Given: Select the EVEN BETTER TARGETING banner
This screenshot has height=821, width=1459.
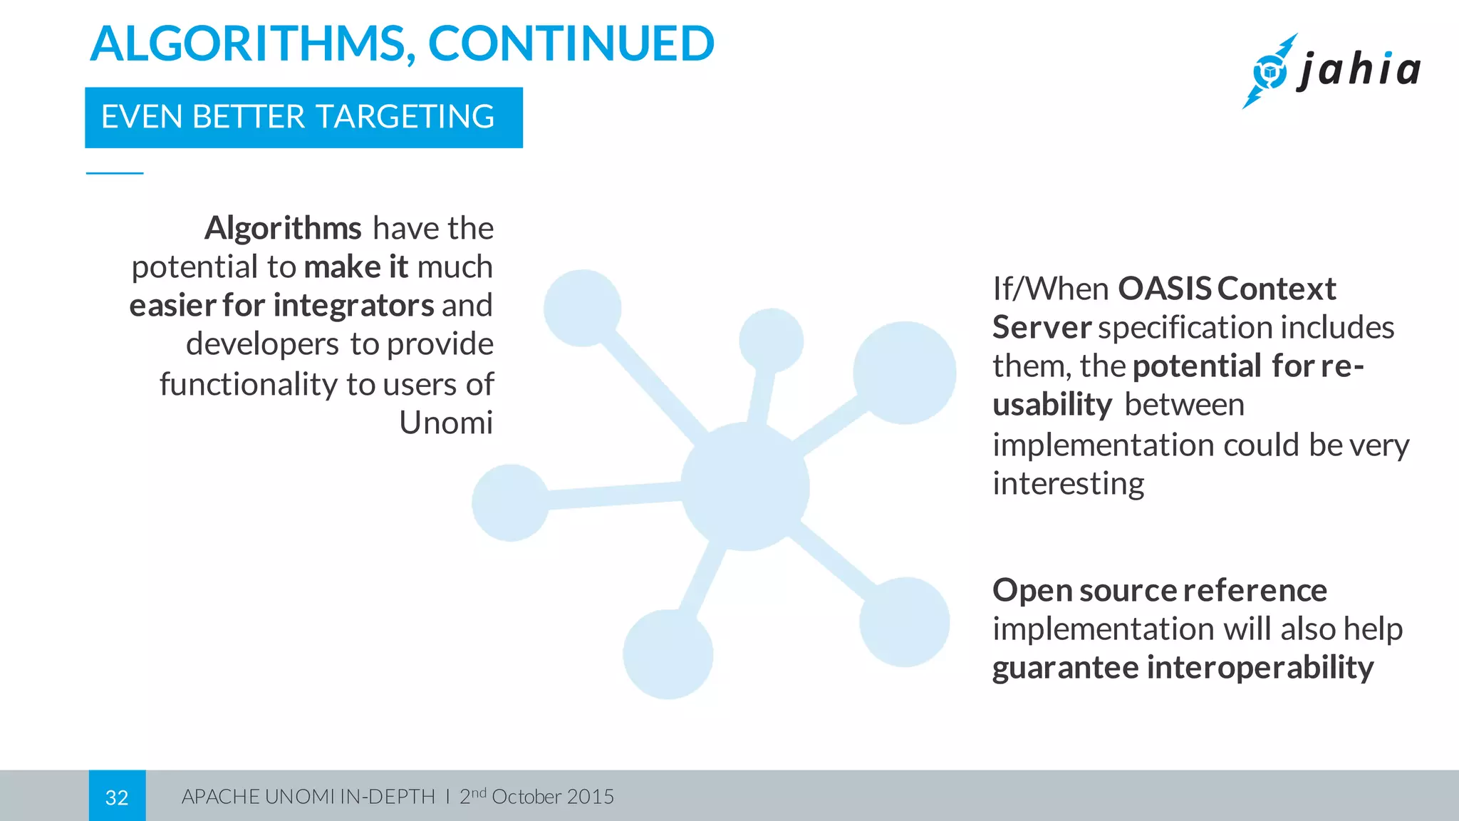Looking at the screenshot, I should pos(303,118).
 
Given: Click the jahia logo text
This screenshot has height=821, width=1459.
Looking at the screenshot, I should pos(1359,70).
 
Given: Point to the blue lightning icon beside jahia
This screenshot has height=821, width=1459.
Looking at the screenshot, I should pos(1269,71).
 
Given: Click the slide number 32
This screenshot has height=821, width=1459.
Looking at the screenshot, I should pos(117,797).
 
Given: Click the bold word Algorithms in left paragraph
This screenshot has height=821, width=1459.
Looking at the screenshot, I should pos(283,229).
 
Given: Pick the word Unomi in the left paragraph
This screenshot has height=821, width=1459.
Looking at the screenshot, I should pos(445,423).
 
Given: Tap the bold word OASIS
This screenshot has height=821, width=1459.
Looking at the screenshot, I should pos(1164,289).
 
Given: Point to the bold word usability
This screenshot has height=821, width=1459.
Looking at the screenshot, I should pos(1052,405).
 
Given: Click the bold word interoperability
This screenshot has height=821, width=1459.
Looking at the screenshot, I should pos(1260,668).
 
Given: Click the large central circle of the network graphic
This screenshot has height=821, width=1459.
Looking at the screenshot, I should pos(745,487).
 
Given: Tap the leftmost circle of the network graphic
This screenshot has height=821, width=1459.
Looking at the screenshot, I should pos(510,503).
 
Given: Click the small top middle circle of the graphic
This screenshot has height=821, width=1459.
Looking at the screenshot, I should pos(771,340).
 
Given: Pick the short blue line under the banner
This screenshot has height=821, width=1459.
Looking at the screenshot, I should pos(115,173).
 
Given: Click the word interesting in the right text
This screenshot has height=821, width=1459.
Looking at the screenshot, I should pos(1068,483).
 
